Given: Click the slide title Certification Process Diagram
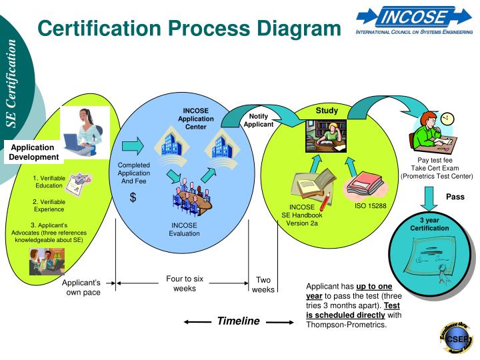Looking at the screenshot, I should [189, 28].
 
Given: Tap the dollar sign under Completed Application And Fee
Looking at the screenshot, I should [133, 197].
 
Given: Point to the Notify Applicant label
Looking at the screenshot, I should [258, 121].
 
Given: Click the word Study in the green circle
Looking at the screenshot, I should [327, 111].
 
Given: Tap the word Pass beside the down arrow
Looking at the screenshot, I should [455, 197].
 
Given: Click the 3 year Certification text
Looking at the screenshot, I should [429, 225].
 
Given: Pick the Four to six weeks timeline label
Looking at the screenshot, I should [185, 283].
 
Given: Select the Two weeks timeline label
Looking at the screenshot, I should [263, 285].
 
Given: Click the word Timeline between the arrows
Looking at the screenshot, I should [238, 321].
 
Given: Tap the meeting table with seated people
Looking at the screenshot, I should [192, 197].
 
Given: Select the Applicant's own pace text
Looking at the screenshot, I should [81, 287].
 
